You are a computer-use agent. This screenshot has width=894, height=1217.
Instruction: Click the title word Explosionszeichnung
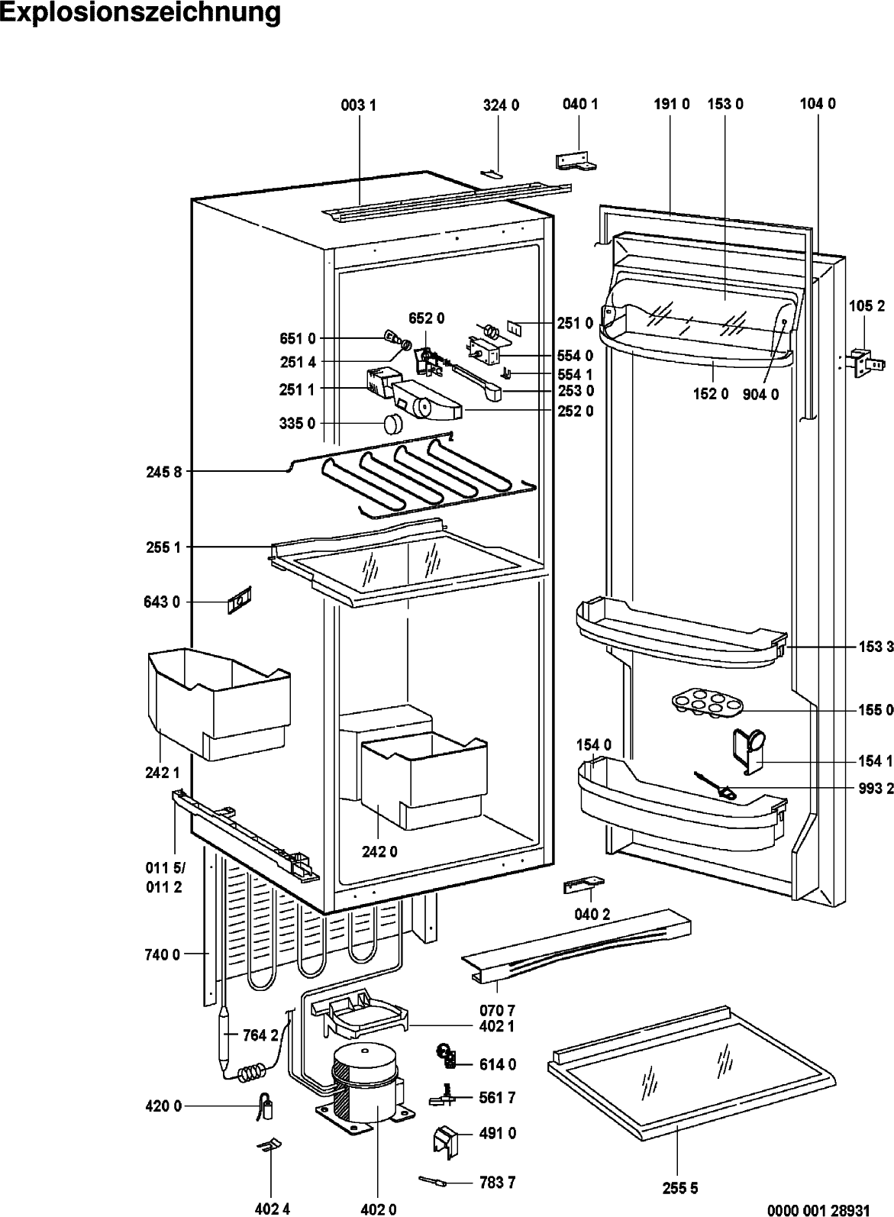(x=140, y=13)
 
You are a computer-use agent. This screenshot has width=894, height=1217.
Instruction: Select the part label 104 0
(x=817, y=104)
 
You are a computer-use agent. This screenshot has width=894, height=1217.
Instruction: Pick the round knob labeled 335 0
(x=393, y=423)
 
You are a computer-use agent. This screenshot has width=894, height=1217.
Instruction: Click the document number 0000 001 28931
(x=828, y=1209)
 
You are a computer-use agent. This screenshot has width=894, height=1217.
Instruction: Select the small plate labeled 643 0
(x=238, y=602)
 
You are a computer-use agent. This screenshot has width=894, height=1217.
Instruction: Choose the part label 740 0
(x=162, y=954)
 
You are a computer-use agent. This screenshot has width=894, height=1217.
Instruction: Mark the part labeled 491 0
(x=445, y=1138)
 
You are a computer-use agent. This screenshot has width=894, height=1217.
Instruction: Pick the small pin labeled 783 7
(x=431, y=1181)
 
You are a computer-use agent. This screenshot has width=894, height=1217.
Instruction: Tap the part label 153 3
(x=875, y=647)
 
